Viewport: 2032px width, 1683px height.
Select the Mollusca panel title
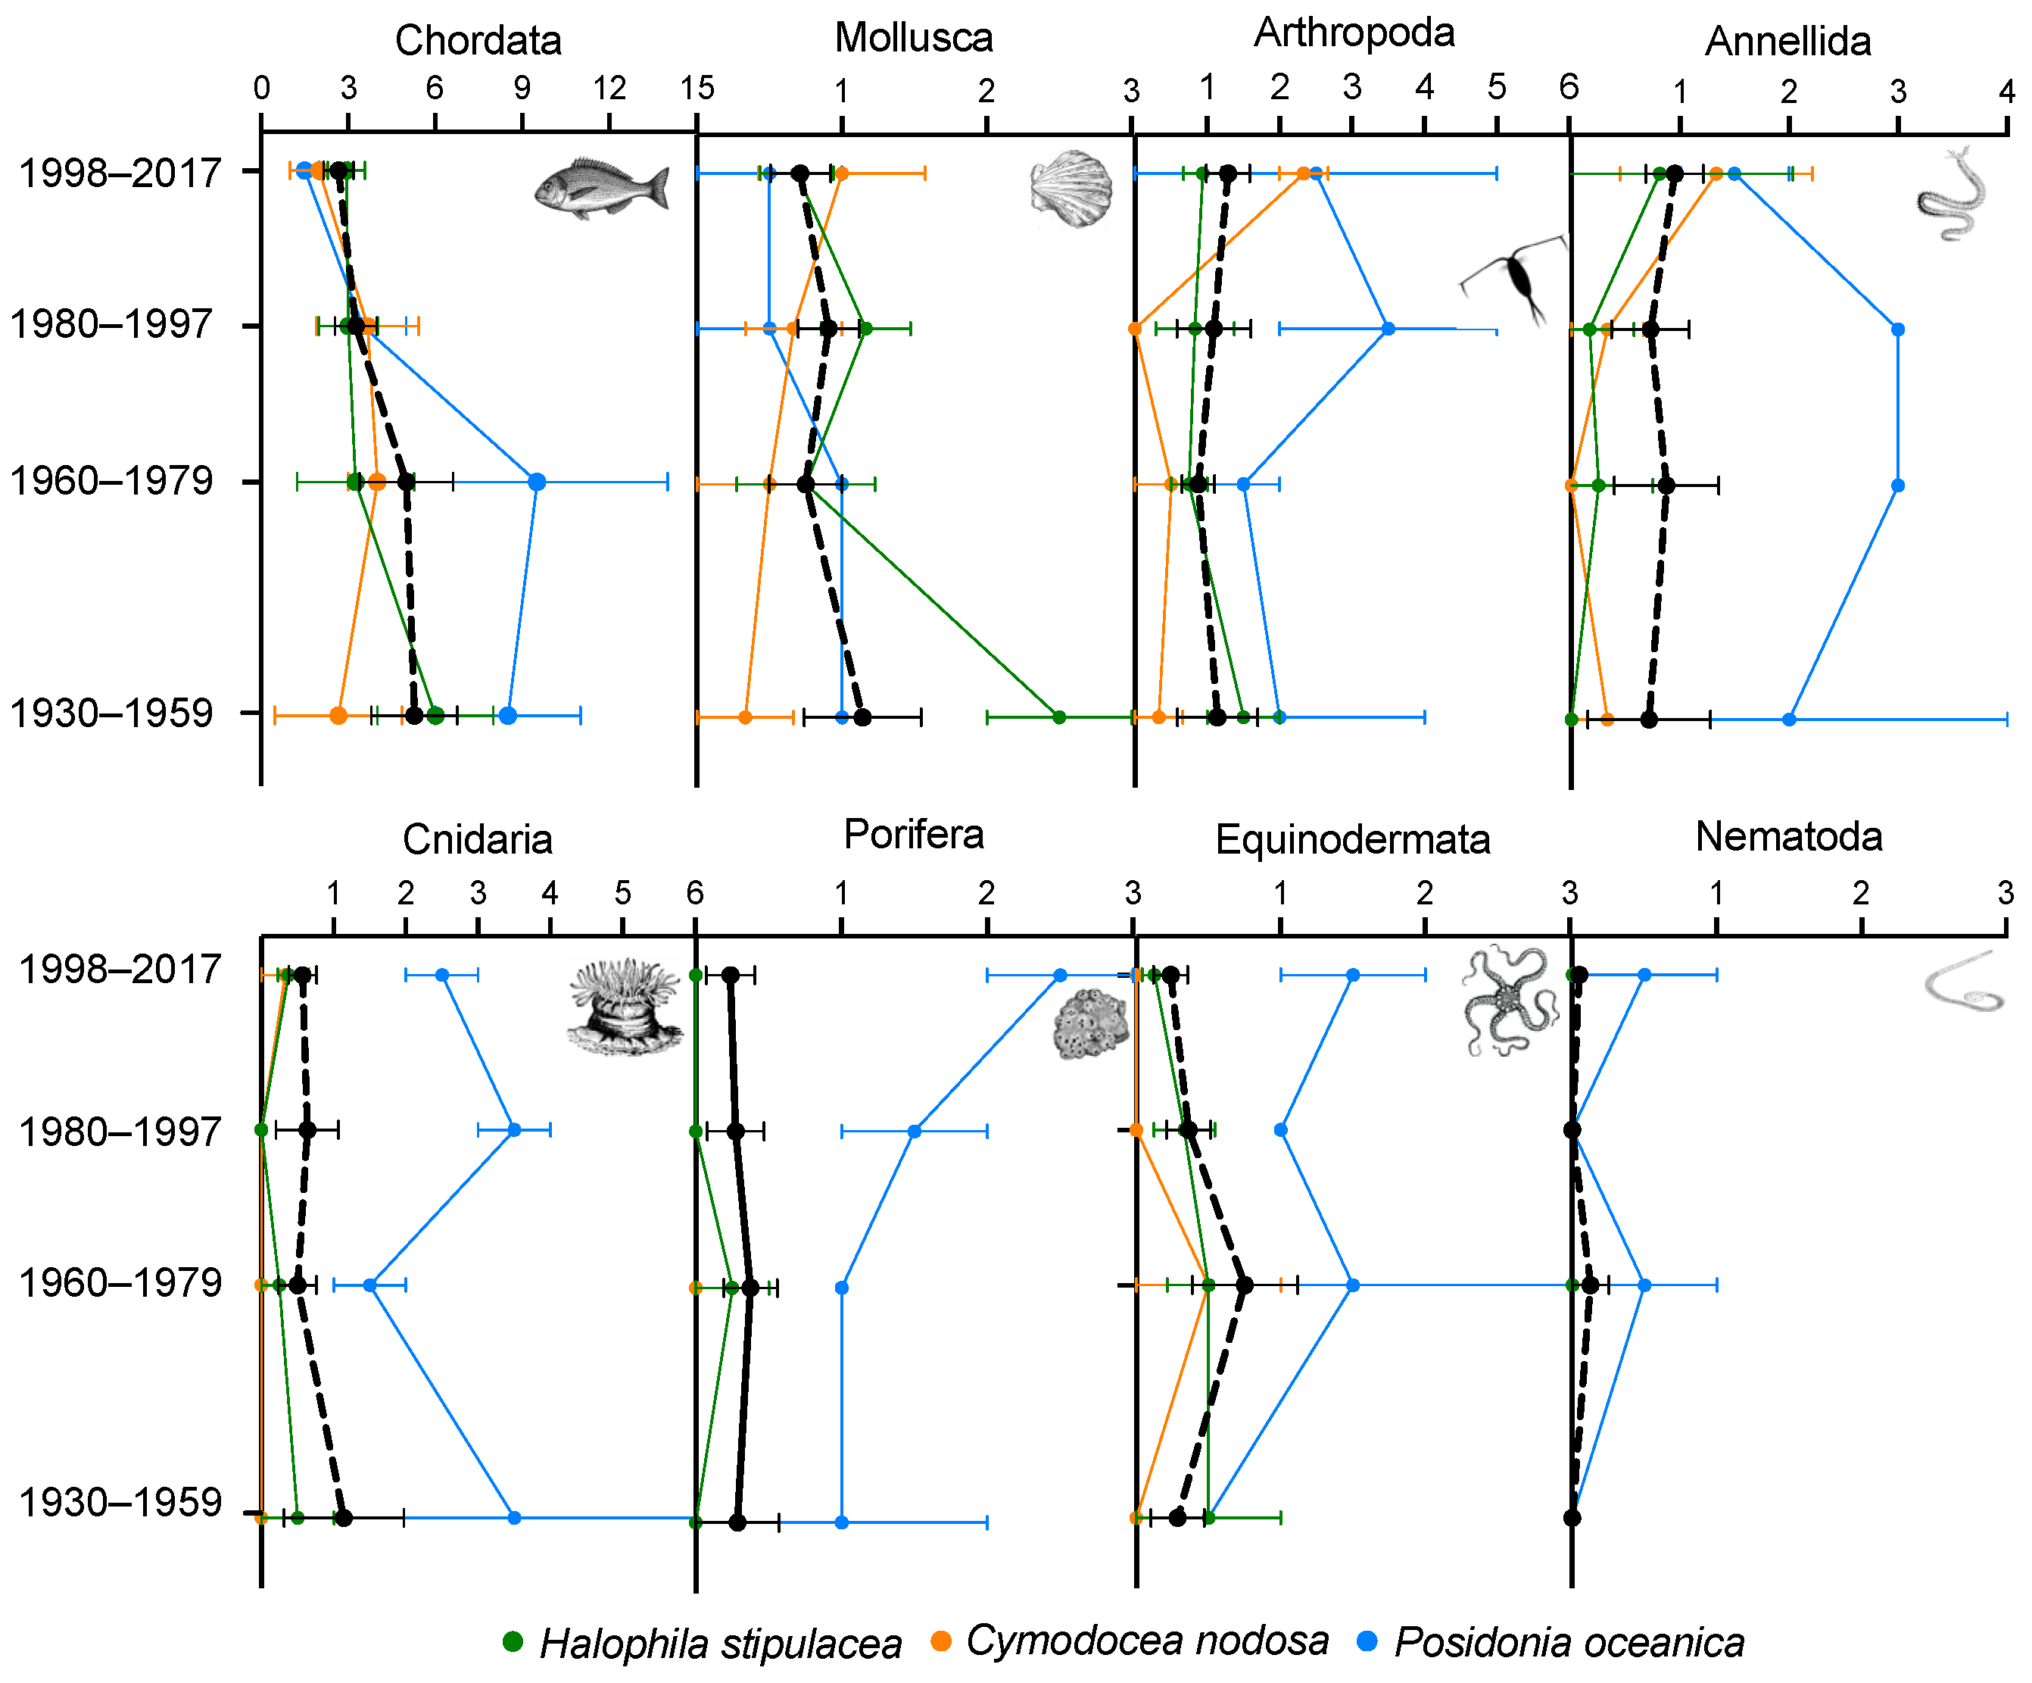pos(914,38)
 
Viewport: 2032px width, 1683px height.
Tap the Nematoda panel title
pos(1788,837)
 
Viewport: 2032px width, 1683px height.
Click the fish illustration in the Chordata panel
pos(602,188)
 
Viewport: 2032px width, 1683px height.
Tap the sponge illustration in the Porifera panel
pos(1090,1024)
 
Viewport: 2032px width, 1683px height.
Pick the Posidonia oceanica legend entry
pos(1552,1642)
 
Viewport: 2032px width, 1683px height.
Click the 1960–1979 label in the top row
pos(111,480)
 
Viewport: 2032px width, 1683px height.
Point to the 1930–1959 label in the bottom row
pos(121,1503)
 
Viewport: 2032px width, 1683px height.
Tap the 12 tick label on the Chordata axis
pos(609,89)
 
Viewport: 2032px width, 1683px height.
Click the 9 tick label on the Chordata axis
pos(522,89)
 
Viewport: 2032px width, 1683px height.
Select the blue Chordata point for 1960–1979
pos(537,482)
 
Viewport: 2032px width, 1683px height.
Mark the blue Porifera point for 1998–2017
pos(1060,975)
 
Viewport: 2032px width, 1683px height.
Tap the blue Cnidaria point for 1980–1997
pos(514,1129)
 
